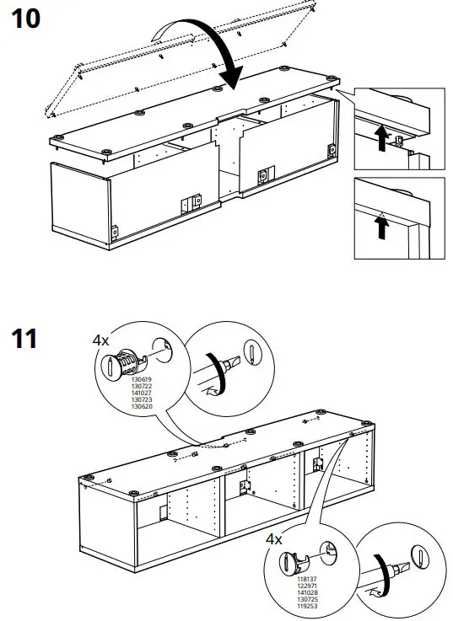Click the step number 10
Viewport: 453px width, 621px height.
tap(25, 19)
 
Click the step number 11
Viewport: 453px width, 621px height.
tap(24, 340)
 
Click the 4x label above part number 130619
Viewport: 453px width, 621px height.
tap(100, 340)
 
